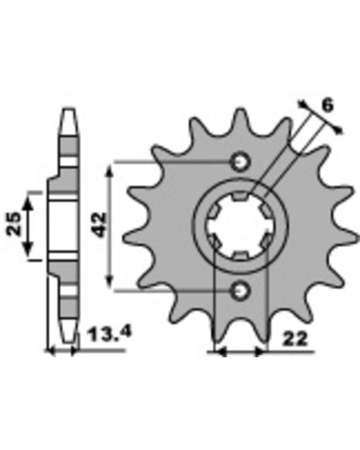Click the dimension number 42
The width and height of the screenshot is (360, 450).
tap(100, 224)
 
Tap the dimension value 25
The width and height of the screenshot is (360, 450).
tap(13, 224)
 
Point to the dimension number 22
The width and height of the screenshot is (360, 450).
tap(296, 339)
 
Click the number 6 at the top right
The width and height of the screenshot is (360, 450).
tap(328, 105)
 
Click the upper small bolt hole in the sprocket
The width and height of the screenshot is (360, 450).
tap(240, 162)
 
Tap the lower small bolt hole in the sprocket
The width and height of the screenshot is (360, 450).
tap(240, 291)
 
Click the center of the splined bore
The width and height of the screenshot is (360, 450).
tap(240, 227)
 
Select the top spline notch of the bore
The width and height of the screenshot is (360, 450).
tap(240, 196)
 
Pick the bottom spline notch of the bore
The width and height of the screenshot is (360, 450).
tap(240, 256)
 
